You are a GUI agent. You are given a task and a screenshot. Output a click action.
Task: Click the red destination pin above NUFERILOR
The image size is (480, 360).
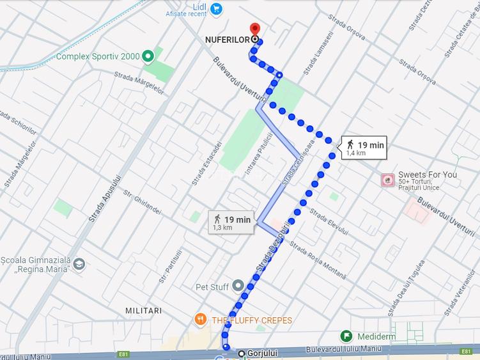click(255, 29)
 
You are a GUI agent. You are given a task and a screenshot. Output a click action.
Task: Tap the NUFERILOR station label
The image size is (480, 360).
click(227, 40)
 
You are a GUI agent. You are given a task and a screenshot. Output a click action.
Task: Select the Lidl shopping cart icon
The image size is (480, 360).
click(216, 9)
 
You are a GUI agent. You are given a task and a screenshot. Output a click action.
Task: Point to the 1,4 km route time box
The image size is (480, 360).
click(363, 148)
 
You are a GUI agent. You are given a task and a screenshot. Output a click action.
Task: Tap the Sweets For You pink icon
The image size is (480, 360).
click(387, 180)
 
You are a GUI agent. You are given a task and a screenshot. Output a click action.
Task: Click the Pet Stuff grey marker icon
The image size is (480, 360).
click(238, 286)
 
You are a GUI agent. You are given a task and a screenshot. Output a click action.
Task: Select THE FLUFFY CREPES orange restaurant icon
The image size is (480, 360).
click(201, 320)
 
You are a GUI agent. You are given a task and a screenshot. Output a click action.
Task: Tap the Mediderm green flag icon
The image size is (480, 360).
click(346, 336)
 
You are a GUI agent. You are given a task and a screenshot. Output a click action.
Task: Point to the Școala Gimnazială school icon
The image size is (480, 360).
click(79, 263)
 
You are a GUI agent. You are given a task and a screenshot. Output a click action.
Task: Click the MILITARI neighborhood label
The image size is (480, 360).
click(143, 310)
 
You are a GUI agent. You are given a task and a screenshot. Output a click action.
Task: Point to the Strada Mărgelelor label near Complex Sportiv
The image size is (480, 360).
click(139, 84)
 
